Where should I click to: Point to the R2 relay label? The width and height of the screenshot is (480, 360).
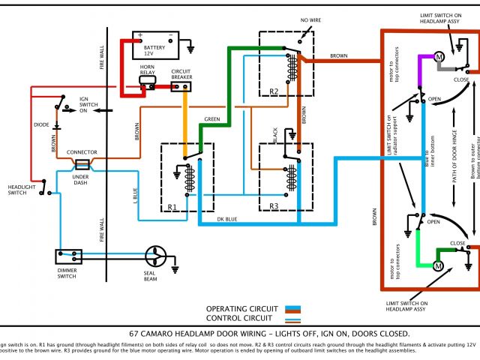(x=273, y=91)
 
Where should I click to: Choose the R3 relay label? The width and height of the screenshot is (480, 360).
(x=273, y=204)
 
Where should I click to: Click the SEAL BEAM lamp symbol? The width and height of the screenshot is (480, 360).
(x=157, y=256)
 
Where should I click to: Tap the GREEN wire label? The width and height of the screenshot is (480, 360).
(x=213, y=119)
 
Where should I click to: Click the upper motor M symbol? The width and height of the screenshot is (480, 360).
(x=440, y=57)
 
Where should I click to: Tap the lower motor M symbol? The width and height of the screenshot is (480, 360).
(x=440, y=267)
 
